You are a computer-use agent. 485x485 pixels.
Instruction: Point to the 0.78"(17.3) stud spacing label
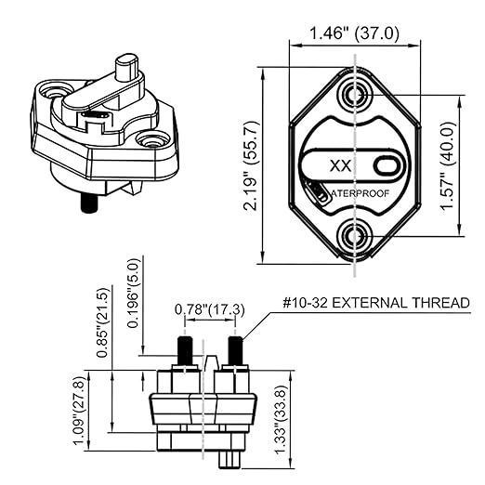click(212, 309)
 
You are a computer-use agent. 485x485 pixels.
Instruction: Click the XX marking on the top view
click(340, 166)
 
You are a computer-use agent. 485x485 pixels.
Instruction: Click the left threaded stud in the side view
click(184, 351)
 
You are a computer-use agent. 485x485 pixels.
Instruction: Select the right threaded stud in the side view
click(236, 351)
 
